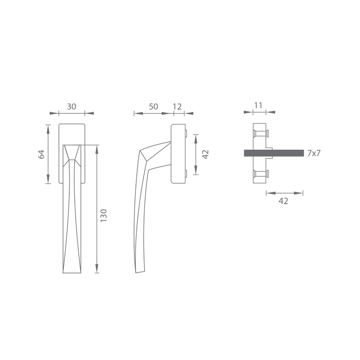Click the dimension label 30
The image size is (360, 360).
pyautogui.click(x=72, y=107)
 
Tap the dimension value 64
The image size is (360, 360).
pyautogui.click(x=41, y=154)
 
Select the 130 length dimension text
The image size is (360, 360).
pyautogui.click(x=104, y=216)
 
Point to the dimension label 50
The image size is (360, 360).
pyautogui.click(x=153, y=107)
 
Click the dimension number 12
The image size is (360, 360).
pyautogui.click(x=177, y=107)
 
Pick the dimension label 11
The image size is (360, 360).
pyautogui.click(x=258, y=106)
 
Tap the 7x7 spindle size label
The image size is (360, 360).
pyautogui.click(x=314, y=153)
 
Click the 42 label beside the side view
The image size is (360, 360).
pyautogui.click(x=206, y=154)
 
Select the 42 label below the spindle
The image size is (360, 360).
pyautogui.click(x=283, y=201)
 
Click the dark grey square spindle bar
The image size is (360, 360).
pyautogui.click(x=274, y=153)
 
